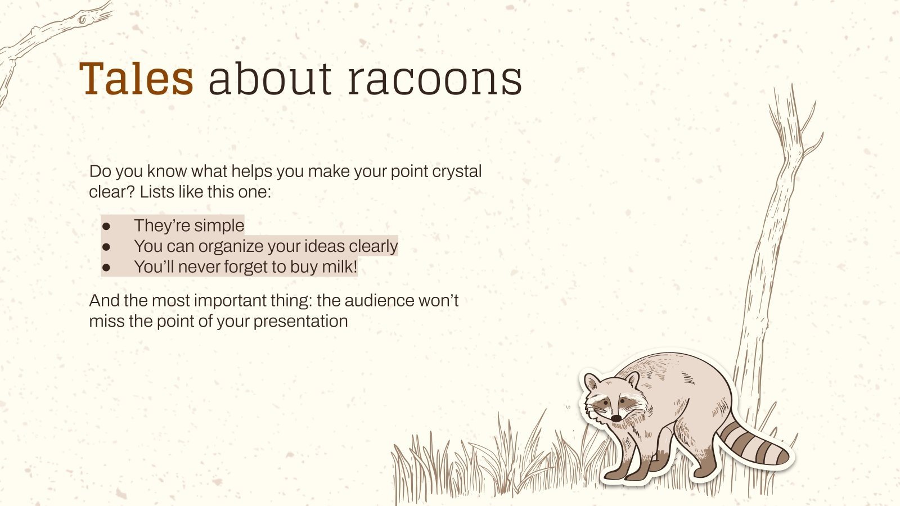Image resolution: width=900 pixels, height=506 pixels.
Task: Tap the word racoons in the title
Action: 435,79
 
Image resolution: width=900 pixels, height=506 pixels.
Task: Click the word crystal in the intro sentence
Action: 456,171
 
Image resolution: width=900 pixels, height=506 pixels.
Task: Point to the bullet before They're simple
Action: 106,226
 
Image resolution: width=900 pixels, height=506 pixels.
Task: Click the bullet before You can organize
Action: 106,247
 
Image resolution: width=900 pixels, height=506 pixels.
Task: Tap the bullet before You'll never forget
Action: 106,268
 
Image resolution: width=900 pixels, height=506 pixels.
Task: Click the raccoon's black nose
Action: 616,418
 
